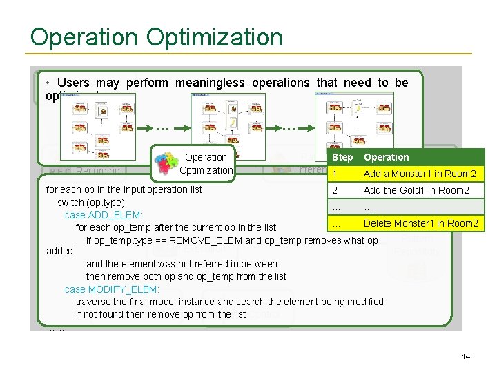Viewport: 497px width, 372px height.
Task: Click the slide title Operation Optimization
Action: coord(156,37)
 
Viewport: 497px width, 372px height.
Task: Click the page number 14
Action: coord(466,356)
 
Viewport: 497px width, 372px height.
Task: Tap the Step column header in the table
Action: coord(342,157)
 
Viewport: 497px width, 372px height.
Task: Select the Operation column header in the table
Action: coord(387,157)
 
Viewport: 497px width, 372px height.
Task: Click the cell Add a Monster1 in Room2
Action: coord(420,174)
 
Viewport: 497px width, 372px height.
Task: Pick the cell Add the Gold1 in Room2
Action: coord(416,190)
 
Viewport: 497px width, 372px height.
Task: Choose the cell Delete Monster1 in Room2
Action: coord(420,223)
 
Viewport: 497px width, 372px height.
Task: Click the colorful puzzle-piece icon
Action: coord(165,166)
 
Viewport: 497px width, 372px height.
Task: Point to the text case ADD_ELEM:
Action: coord(103,215)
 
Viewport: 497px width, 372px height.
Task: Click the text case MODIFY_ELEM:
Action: coord(112,289)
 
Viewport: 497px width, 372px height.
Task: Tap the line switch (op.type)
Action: coord(90,203)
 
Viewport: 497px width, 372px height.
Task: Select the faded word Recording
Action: coord(98,171)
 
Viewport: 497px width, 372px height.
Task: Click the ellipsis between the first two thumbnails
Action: coord(163,127)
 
